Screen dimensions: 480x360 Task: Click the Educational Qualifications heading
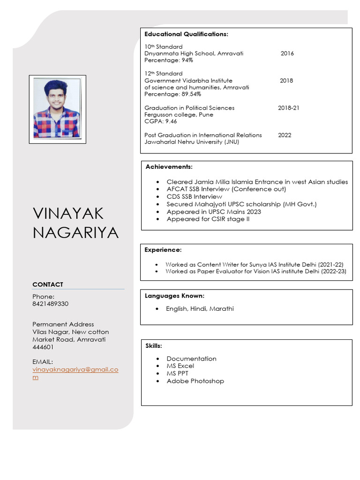point(186,34)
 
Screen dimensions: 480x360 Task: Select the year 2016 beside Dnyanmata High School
point(287,53)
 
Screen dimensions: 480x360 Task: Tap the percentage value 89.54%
point(192,94)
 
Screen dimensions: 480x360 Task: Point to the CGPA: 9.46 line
point(161,121)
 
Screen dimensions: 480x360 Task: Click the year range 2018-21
point(288,108)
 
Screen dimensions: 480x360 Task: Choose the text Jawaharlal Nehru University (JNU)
point(191,142)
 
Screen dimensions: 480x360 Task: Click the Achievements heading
point(169,167)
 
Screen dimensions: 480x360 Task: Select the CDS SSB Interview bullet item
point(194,197)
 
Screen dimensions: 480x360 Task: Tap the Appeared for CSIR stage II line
point(208,219)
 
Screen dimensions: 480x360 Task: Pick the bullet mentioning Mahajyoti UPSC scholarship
point(241,204)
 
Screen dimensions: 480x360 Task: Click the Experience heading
point(163,250)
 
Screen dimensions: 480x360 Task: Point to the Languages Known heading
point(174,296)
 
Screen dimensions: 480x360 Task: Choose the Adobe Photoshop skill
point(195,381)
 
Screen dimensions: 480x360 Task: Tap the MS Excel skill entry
point(180,366)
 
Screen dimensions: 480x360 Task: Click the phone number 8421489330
point(50,304)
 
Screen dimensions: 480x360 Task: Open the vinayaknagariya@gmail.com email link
point(75,370)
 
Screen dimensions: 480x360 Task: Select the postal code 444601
point(43,347)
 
